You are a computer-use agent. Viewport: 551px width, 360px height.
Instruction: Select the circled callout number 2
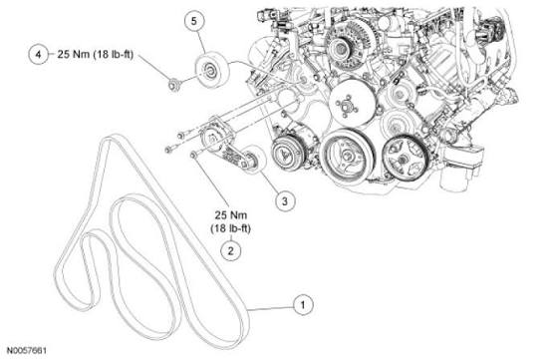230,250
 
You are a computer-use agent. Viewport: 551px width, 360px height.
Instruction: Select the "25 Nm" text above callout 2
230,213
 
